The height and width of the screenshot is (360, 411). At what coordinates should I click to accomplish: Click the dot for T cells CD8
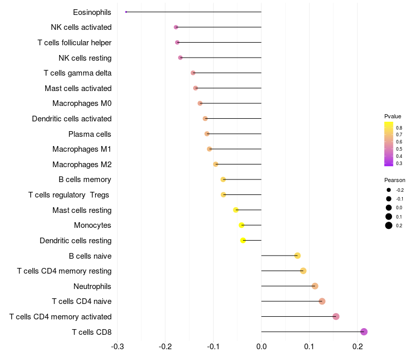tap(364, 332)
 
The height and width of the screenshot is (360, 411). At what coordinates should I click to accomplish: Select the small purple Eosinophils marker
tap(126, 12)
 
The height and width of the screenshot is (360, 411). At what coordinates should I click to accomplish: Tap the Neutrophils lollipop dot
tap(315, 286)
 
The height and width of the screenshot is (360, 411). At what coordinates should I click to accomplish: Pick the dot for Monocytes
tap(241, 225)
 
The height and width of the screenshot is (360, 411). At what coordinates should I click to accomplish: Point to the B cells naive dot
tap(297, 256)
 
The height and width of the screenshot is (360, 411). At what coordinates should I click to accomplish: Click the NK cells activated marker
tap(176, 27)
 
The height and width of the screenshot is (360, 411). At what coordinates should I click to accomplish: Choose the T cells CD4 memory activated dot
tap(336, 316)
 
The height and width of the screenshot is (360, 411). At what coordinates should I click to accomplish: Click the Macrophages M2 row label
tap(82, 165)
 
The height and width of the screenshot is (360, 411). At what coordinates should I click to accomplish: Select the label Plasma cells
tap(89, 134)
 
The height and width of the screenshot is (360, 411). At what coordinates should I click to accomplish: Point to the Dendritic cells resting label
tap(76, 241)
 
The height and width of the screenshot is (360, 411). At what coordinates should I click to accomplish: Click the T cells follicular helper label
tap(74, 42)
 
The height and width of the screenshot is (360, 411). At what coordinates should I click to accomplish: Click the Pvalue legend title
tap(393, 116)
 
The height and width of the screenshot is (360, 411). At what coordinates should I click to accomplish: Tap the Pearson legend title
tap(395, 180)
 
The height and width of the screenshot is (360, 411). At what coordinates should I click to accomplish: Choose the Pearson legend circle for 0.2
tap(389, 225)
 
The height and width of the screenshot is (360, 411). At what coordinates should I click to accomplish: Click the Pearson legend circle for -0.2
tap(389, 190)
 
